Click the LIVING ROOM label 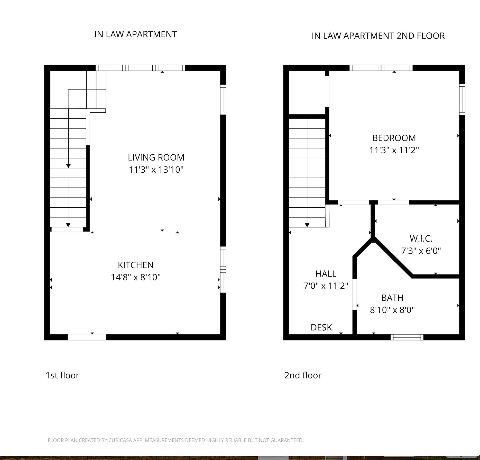click(x=156, y=157)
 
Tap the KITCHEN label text click(x=136, y=265)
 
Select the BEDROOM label click(x=394, y=138)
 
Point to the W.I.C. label click(x=421, y=239)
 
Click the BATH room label click(x=392, y=298)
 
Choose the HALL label click(x=326, y=273)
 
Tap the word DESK click(x=321, y=327)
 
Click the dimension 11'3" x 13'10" click(x=156, y=170)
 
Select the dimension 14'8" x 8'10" click(x=136, y=277)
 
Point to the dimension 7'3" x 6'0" click(x=421, y=251)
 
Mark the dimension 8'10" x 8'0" click(x=392, y=310)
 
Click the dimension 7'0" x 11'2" click(x=326, y=286)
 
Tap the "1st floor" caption click(x=62, y=375)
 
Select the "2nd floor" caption click(x=303, y=375)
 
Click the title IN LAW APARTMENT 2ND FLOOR click(x=378, y=36)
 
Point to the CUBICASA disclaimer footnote click(x=176, y=440)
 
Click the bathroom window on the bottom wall click(x=407, y=337)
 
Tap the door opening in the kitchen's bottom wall click(x=87, y=337)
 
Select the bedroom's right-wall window click(x=462, y=99)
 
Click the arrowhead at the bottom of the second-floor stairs click(x=307, y=225)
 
